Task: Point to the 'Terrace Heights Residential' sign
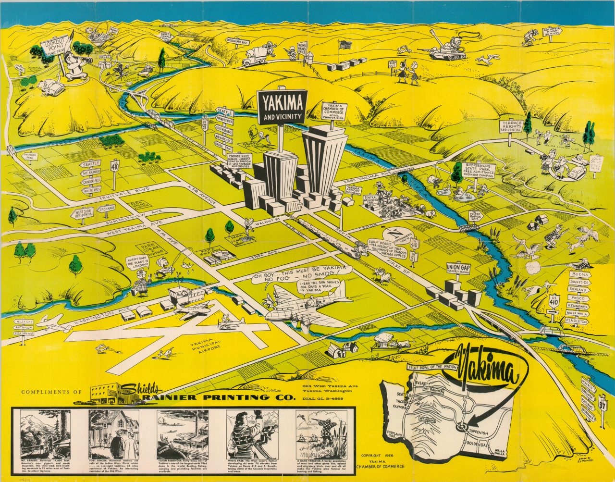(510, 126)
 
